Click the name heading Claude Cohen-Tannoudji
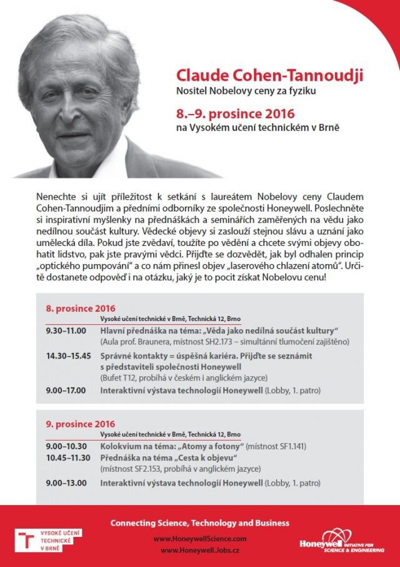[269, 76]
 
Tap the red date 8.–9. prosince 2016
[235, 115]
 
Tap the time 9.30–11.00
[66, 330]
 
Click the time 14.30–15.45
[69, 355]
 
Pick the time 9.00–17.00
[66, 391]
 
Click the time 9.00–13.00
[66, 483]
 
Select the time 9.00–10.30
[66, 446]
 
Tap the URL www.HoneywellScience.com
[199, 538]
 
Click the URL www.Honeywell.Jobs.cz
[199, 549]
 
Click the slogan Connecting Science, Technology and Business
[199, 523]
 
